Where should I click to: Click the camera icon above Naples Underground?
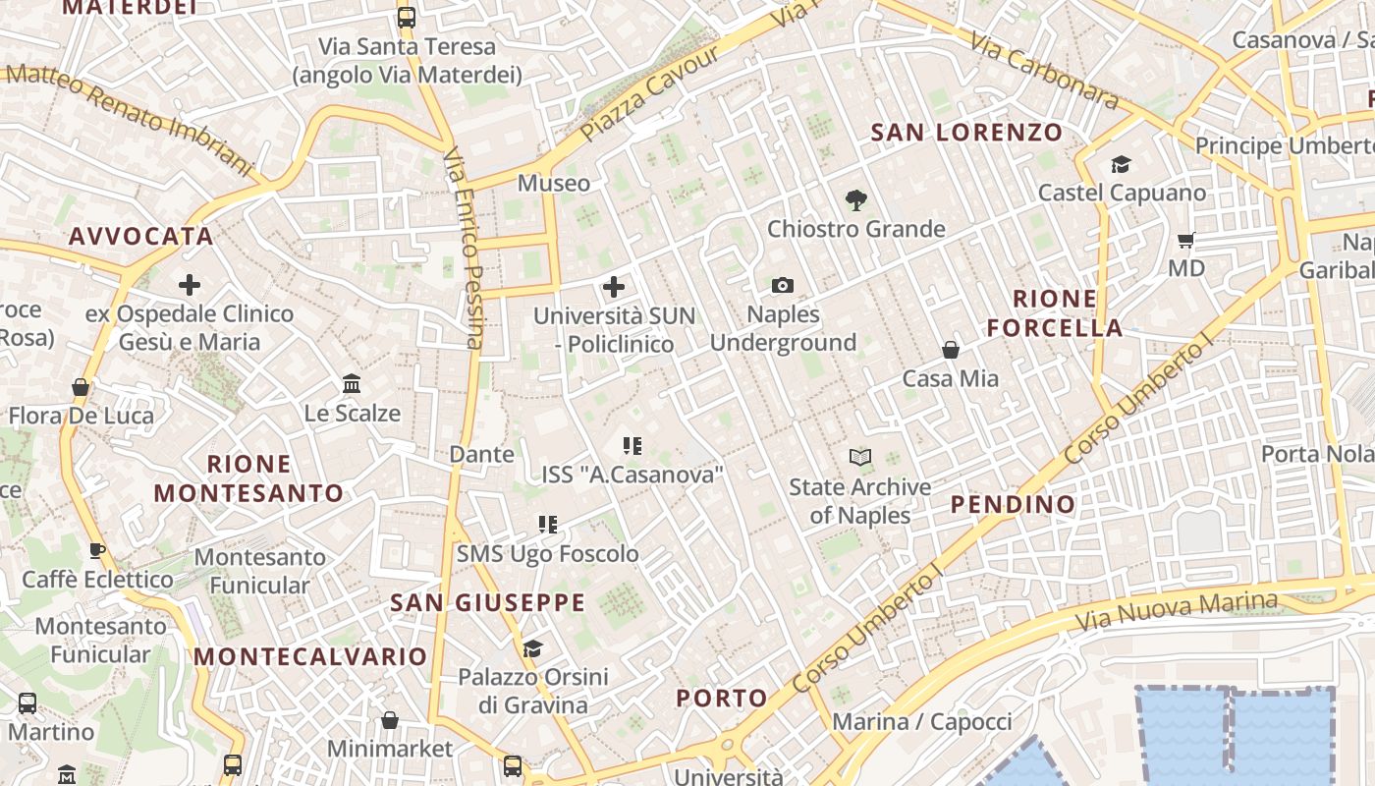[783, 285]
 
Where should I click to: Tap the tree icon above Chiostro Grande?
[855, 200]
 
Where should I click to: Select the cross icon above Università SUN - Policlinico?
[614, 287]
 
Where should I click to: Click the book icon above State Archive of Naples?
[860, 457]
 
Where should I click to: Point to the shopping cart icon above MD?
[1186, 240]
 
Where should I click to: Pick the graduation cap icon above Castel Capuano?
[1121, 164]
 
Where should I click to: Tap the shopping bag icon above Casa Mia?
[951, 350]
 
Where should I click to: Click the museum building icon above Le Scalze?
[352, 384]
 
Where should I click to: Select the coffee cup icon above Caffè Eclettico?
[96, 550]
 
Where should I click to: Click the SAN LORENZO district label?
[966, 132]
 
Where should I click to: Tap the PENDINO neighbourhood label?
[1013, 505]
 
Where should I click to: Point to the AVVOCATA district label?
[141, 236]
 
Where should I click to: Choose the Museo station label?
[554, 183]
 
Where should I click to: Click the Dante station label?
[481, 454]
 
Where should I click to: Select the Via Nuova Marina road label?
[1176, 611]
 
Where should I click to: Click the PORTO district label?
[722, 699]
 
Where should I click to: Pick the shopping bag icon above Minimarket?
[390, 720]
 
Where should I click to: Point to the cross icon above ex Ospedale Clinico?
[190, 286]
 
